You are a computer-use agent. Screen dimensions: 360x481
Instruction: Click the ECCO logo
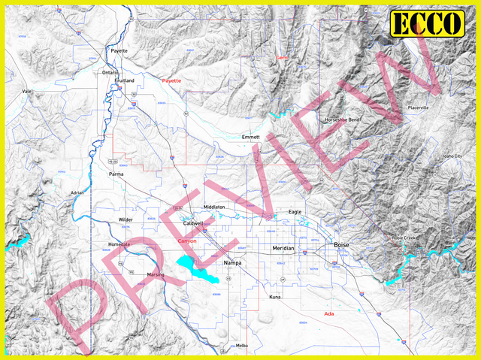click(426, 24)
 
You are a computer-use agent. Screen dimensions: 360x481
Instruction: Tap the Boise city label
click(341, 246)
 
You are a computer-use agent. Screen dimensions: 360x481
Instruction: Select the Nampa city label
click(234, 263)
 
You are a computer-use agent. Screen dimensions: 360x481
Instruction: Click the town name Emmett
click(250, 138)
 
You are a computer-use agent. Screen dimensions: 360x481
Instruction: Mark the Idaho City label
click(452, 156)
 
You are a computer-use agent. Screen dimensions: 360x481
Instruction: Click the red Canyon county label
click(187, 241)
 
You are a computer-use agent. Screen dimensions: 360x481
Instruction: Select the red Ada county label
click(328, 313)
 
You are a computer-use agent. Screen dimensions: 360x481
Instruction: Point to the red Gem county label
click(282, 58)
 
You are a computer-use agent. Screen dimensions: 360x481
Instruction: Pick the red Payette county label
click(171, 80)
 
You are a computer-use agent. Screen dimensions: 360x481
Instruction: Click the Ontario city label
click(110, 72)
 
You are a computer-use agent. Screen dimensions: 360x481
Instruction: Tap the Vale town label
click(27, 91)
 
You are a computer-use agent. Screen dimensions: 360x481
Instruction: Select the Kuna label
click(275, 298)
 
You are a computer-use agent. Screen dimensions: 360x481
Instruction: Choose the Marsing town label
click(156, 275)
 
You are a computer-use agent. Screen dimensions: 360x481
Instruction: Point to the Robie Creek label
click(404, 237)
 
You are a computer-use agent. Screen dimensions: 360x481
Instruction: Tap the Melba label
click(241, 346)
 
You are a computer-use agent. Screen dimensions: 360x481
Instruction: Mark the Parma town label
click(116, 174)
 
